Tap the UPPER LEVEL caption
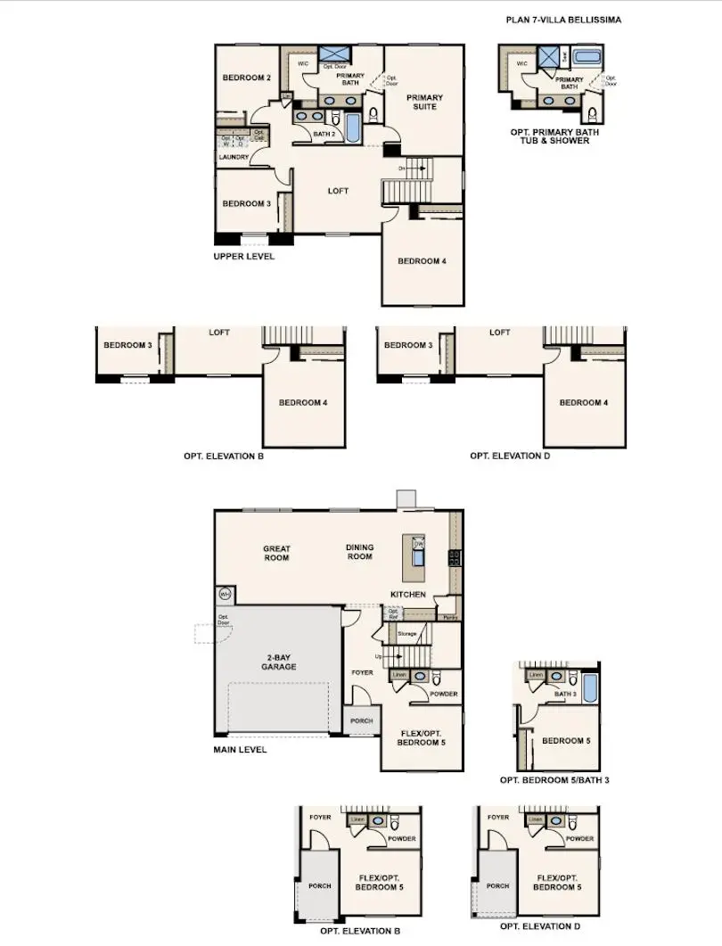click(x=243, y=257)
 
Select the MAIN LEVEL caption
click(x=240, y=750)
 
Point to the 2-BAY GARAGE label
click(x=278, y=662)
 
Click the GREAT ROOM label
click(x=276, y=553)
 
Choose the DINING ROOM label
click(x=359, y=552)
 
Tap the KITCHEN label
click(x=407, y=594)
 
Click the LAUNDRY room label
click(x=234, y=157)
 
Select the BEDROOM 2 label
click(x=246, y=78)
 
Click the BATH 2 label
click(x=324, y=134)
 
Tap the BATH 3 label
click(x=563, y=693)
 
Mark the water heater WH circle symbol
click(x=224, y=594)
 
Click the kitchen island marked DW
click(x=417, y=552)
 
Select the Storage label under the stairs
click(x=406, y=634)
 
